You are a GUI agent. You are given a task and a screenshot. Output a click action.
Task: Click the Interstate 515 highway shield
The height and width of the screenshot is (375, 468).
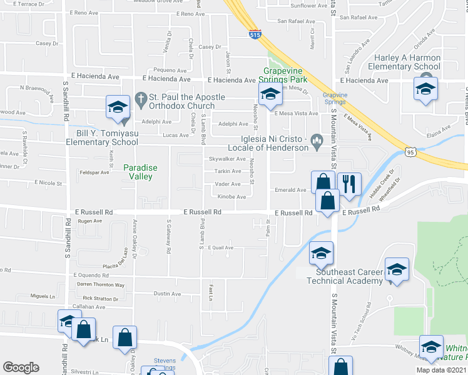(255, 35)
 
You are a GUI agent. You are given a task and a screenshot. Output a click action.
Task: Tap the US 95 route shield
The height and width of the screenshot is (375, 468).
(410, 151)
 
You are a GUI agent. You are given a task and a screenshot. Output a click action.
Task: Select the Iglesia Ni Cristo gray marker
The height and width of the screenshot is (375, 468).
(317, 140)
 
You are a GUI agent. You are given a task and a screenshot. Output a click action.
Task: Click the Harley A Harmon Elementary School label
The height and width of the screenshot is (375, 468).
(404, 62)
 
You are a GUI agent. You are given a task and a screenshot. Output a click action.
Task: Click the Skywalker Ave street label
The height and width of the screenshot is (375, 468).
(226, 159)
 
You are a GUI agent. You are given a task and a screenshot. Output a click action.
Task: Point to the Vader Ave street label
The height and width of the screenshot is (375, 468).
(228, 184)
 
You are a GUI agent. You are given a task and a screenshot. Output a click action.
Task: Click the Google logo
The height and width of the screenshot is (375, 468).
(21, 367)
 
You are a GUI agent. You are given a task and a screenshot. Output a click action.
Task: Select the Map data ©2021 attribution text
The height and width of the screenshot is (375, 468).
(441, 370)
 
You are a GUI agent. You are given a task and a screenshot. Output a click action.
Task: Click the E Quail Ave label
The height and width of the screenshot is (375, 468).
(220, 247)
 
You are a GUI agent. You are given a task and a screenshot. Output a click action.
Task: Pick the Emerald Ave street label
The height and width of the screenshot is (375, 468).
(291, 190)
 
